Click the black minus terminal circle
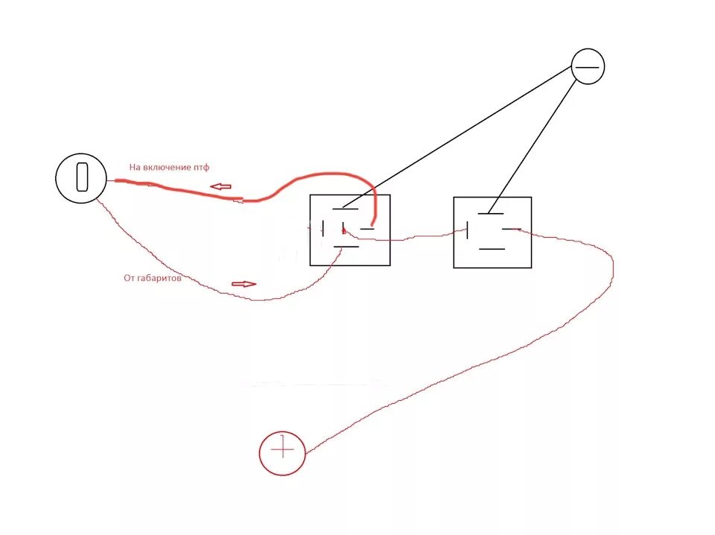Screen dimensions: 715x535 (588, 67)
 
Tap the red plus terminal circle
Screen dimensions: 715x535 (282, 452)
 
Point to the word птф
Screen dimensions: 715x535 (201, 168)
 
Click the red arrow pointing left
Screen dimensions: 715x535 (220, 186)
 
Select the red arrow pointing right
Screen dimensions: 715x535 (244, 284)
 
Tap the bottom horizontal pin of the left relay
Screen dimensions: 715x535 (346, 247)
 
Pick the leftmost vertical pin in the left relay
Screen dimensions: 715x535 (323, 229)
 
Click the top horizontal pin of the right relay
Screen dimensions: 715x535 (491, 212)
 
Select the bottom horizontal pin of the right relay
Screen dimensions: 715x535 (492, 248)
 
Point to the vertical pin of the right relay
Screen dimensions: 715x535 (468, 230)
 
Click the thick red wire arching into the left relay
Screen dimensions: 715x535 (328, 176)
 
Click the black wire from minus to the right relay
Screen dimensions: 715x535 (536, 142)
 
